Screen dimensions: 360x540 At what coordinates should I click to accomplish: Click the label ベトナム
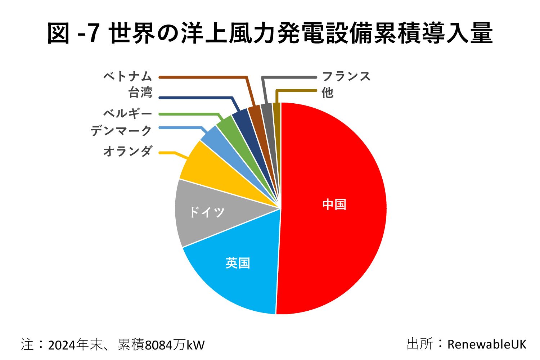click(x=127, y=76)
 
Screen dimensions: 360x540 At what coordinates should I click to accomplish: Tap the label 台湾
click(x=140, y=93)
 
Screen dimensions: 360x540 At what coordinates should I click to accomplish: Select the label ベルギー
click(x=127, y=113)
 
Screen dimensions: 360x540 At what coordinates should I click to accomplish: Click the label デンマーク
click(x=121, y=130)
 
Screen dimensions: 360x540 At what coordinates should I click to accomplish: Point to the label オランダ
click(x=127, y=151)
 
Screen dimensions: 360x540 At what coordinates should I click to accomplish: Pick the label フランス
click(x=346, y=76)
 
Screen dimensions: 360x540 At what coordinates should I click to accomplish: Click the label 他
click(x=327, y=93)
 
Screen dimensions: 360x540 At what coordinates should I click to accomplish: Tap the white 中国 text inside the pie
click(x=334, y=204)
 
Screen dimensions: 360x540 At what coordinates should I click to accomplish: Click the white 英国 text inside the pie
click(x=238, y=263)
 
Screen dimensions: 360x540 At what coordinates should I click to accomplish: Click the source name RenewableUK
click(x=486, y=344)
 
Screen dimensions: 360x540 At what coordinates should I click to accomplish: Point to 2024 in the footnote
click(x=62, y=345)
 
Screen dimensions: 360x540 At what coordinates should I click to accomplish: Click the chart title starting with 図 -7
click(x=270, y=33)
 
